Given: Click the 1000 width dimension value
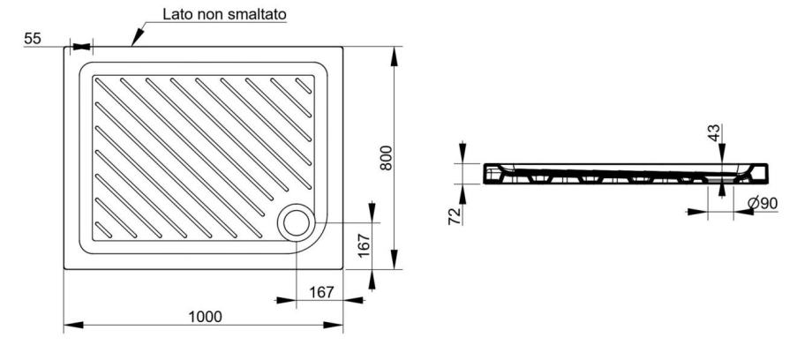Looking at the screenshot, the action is [x=205, y=317].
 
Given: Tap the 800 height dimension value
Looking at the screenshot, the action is [x=387, y=158].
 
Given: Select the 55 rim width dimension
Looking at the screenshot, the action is [x=33, y=38].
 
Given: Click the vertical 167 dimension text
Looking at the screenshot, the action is [x=364, y=245].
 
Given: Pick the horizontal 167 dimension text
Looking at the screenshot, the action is [x=321, y=292].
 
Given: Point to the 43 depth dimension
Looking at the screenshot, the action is [x=715, y=132].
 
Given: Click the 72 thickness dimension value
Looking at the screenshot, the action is [x=455, y=216].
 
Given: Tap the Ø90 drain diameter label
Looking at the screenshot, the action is [x=763, y=204].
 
